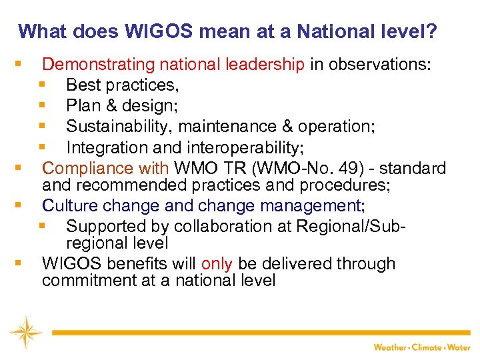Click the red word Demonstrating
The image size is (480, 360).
(99, 65)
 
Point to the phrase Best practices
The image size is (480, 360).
(121, 85)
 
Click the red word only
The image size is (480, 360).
(217, 264)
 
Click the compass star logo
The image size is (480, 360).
(25, 332)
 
